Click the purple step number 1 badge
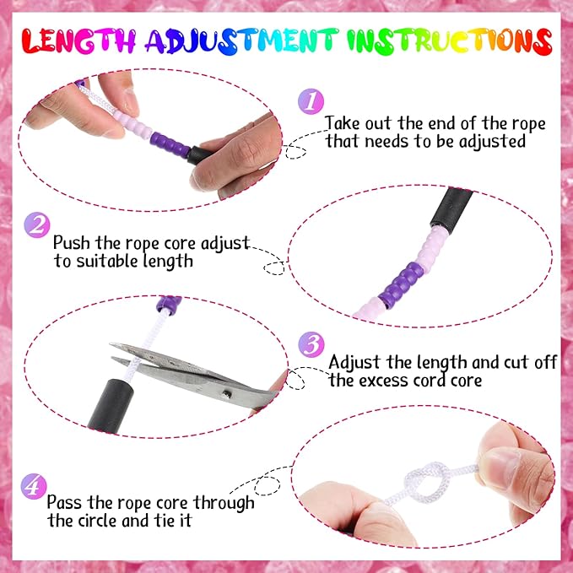[x=311, y=101]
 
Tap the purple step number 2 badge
[x=37, y=225]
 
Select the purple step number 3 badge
[x=311, y=344]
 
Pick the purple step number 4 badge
[x=34, y=486]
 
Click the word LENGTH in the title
[x=78, y=41]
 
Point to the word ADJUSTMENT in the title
[x=242, y=41]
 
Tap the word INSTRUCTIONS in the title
[x=449, y=41]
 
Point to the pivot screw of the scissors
[x=227, y=393]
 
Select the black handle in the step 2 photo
[x=451, y=207]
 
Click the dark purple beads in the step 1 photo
[x=170, y=144]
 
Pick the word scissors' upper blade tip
[x=111, y=344]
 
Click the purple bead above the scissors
[x=169, y=303]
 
